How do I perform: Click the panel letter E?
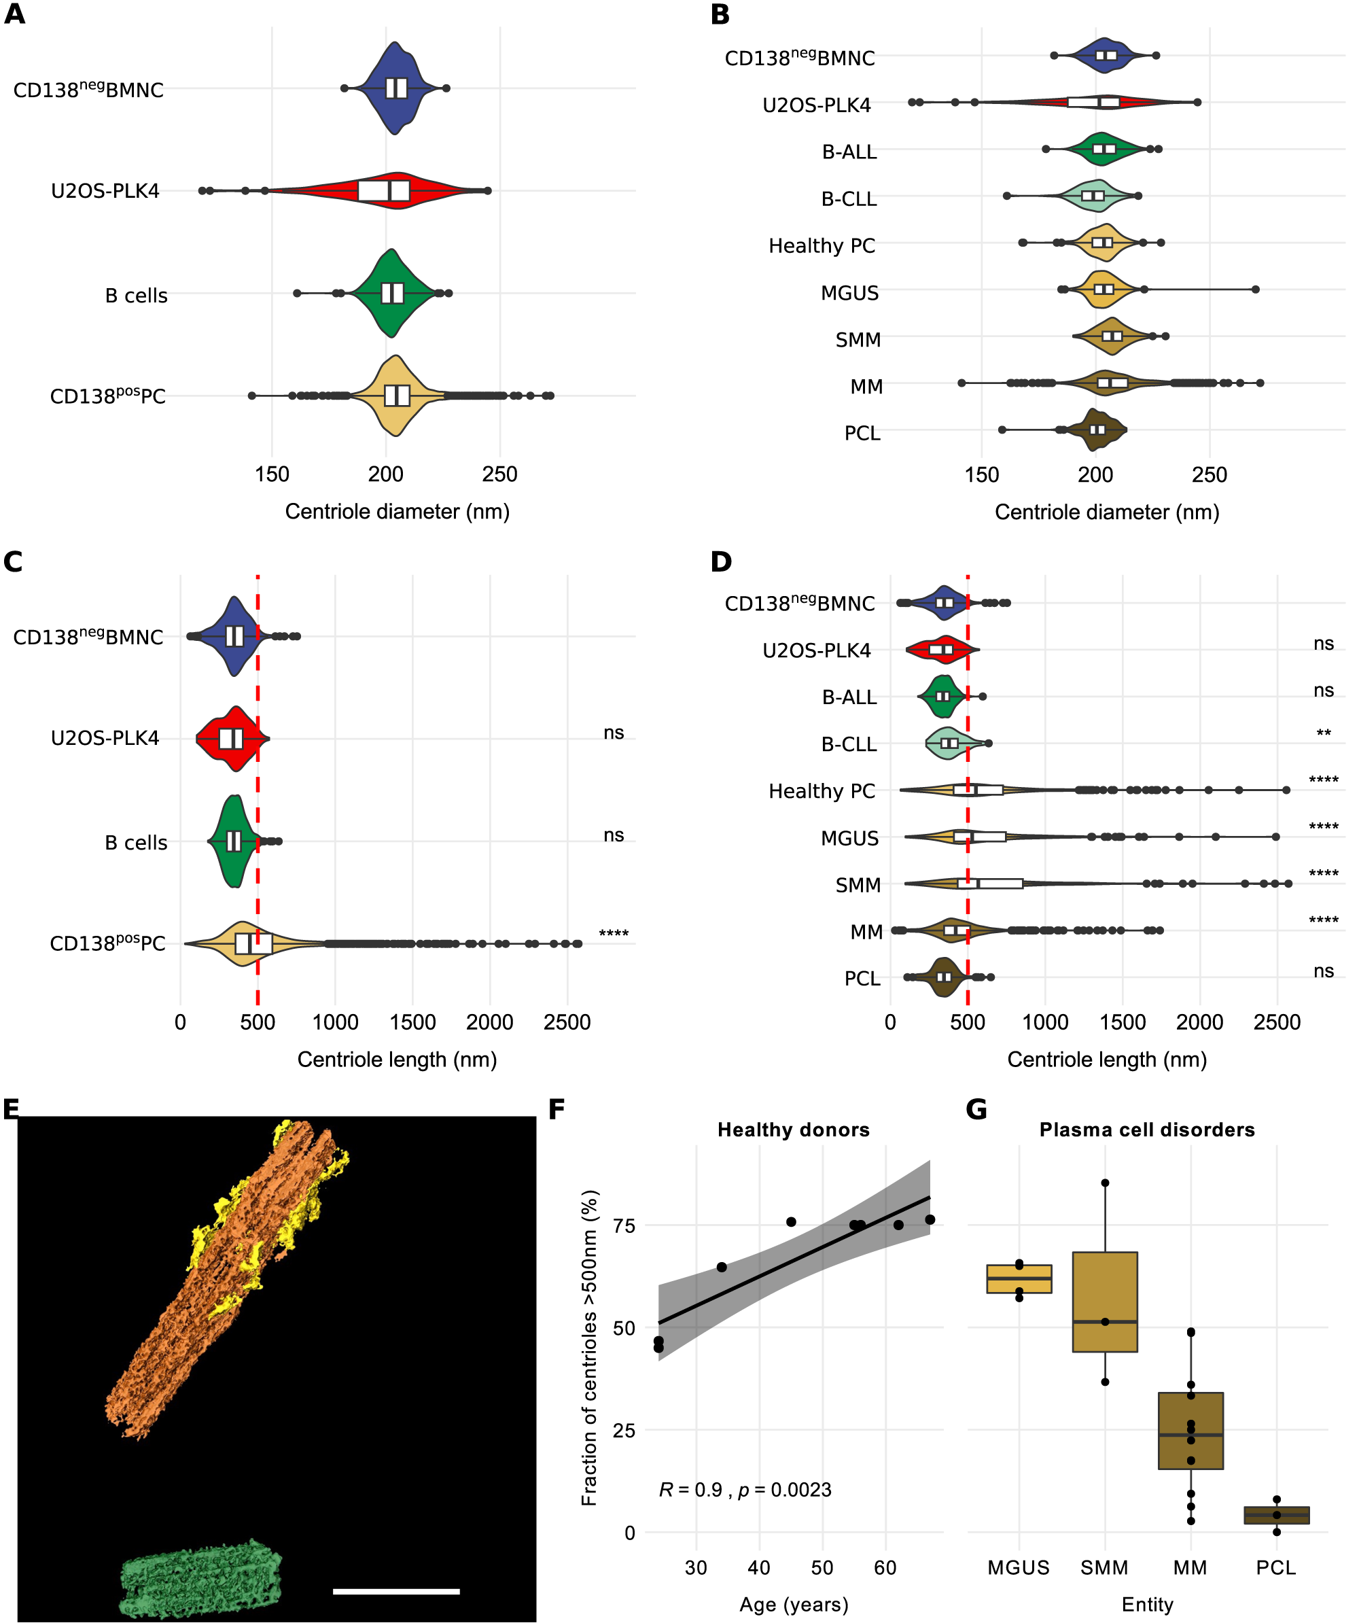pos(11,1110)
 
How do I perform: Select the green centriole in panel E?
pos(201,1580)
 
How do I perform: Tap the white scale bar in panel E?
pos(395,1591)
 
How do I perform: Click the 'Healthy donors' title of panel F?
pos(794,1130)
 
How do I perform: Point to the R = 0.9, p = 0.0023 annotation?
pos(745,1489)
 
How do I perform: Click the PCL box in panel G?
pos(1276,1515)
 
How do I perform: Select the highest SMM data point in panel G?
pos(1105,1183)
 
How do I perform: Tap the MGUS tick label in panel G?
pos(1019,1567)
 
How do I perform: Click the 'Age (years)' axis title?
pos(794,1605)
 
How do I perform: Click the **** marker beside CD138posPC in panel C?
pos(614,934)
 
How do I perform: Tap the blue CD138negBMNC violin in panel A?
pos(395,88)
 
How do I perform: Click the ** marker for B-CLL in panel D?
pos(1324,733)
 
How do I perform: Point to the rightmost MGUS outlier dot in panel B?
pos(1256,289)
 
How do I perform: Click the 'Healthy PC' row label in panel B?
pos(822,246)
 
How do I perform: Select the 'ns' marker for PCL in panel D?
pos(1324,971)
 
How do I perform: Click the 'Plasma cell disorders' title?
pos(1146,1130)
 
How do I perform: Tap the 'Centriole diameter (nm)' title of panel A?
pos(397,512)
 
